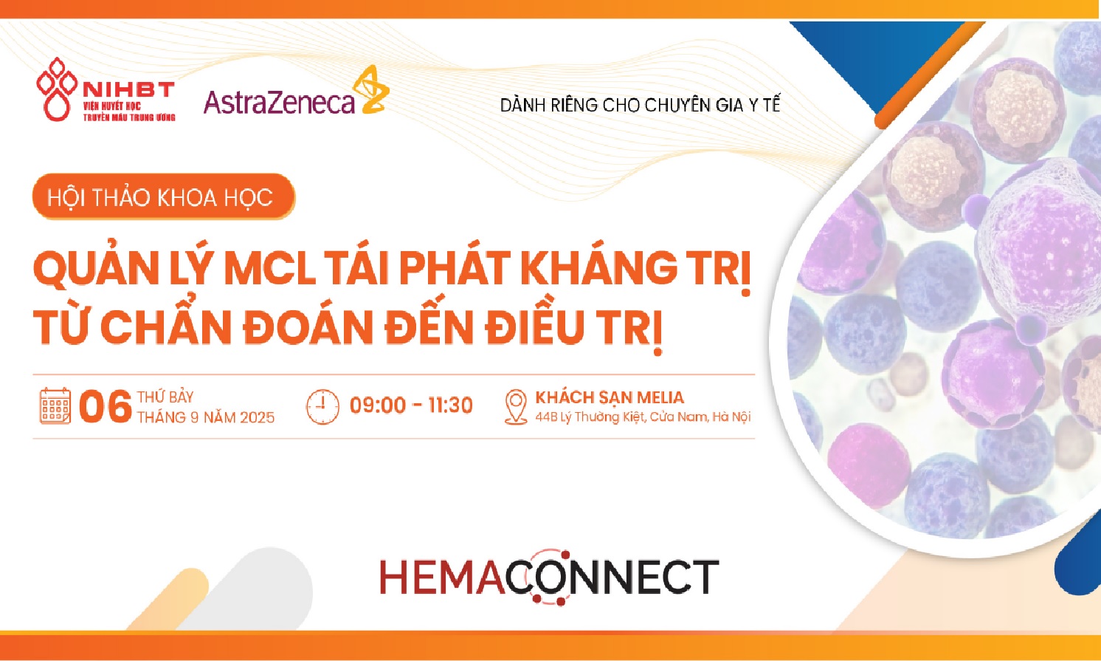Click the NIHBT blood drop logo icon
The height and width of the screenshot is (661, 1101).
pyautogui.click(x=57, y=89)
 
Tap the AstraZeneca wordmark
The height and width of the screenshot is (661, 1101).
pyautogui.click(x=279, y=102)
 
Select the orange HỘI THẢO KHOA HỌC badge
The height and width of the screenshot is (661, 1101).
pyautogui.click(x=163, y=197)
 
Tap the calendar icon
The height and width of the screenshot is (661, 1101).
pyautogui.click(x=55, y=406)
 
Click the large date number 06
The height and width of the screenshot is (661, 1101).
pyautogui.click(x=106, y=407)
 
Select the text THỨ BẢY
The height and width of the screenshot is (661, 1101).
pyautogui.click(x=165, y=397)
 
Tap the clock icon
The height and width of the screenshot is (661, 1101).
pyautogui.click(x=322, y=407)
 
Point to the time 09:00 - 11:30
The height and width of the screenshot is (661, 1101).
pyautogui.click(x=411, y=405)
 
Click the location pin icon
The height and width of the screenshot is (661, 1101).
pyautogui.click(x=516, y=407)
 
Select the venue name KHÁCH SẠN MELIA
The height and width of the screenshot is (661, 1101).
pyautogui.click(x=610, y=397)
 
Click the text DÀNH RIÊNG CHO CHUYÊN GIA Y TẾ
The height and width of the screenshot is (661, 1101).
pyautogui.click(x=640, y=105)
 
